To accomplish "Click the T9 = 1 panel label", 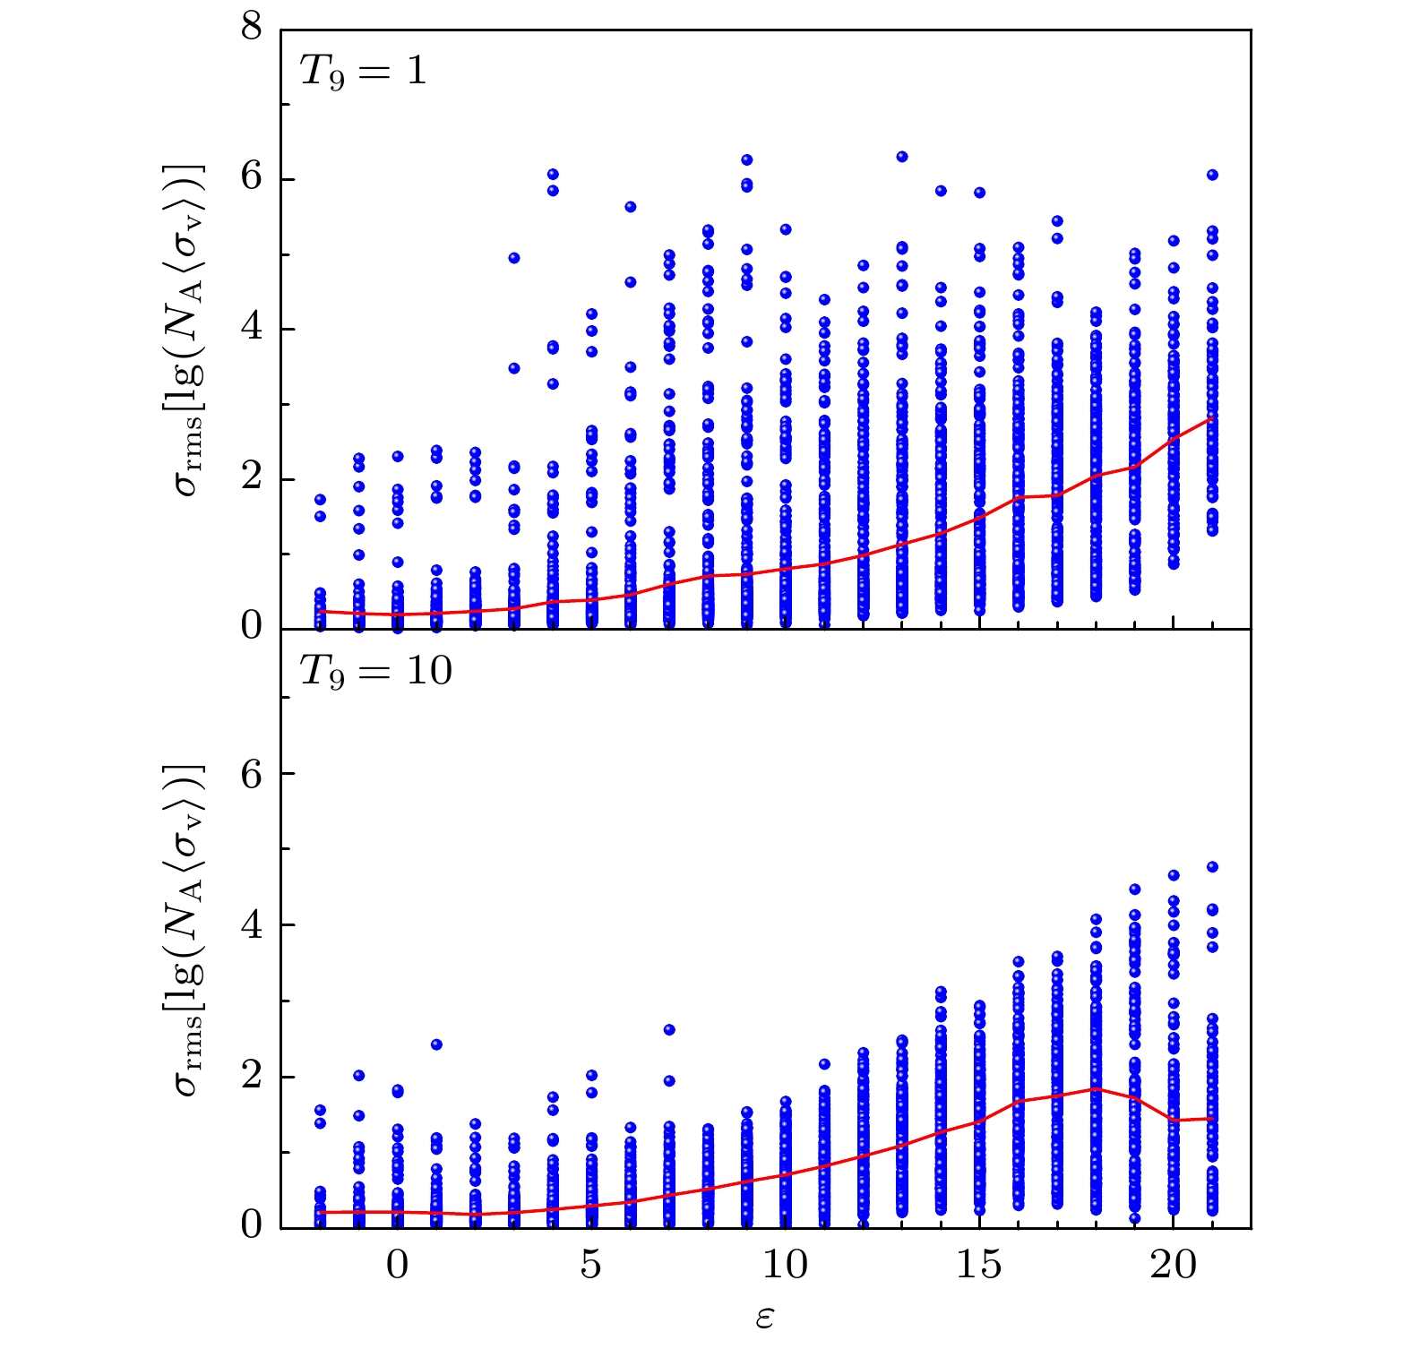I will pyautogui.click(x=363, y=71).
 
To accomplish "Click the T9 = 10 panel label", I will pyautogui.click(x=375, y=670).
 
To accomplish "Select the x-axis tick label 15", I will pyautogui.click(x=978, y=1267).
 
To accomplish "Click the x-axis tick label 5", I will pyautogui.click(x=591, y=1267).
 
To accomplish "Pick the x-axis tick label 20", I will pyautogui.click(x=1173, y=1267).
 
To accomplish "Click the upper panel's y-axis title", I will pyautogui.click(x=190, y=330).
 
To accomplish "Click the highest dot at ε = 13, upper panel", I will pyautogui.click(x=902, y=157).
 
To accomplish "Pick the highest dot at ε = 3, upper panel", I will pyautogui.click(x=514, y=258).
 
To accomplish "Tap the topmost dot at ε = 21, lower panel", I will pyautogui.click(x=1212, y=867).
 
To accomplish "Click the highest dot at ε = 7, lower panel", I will pyautogui.click(x=669, y=1030).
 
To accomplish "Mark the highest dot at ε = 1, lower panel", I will pyautogui.click(x=436, y=1044).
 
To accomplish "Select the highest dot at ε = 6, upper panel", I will pyautogui.click(x=630, y=207).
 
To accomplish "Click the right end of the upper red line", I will pyautogui.click(x=1212, y=417).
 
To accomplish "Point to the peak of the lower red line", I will pyautogui.click(x=1096, y=1089).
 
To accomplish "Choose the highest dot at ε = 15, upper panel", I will pyautogui.click(x=979, y=193).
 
